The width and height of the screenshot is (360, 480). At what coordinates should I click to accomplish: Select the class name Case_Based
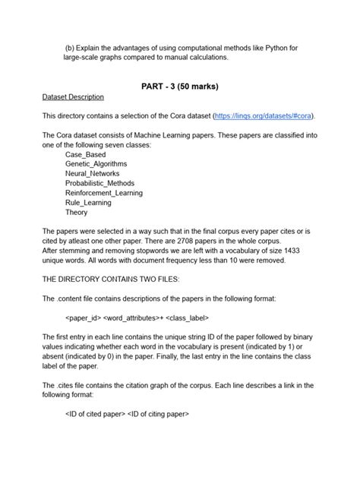click(87, 154)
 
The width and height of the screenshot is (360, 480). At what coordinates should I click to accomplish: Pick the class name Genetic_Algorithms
click(96, 164)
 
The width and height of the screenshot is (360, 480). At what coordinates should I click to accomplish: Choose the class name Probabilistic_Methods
click(103, 184)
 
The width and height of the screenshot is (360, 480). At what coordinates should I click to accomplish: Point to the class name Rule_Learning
click(88, 203)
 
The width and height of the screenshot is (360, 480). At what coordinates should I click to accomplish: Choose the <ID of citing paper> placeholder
click(159, 415)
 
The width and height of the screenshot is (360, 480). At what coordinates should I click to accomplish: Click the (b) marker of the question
click(71, 48)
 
